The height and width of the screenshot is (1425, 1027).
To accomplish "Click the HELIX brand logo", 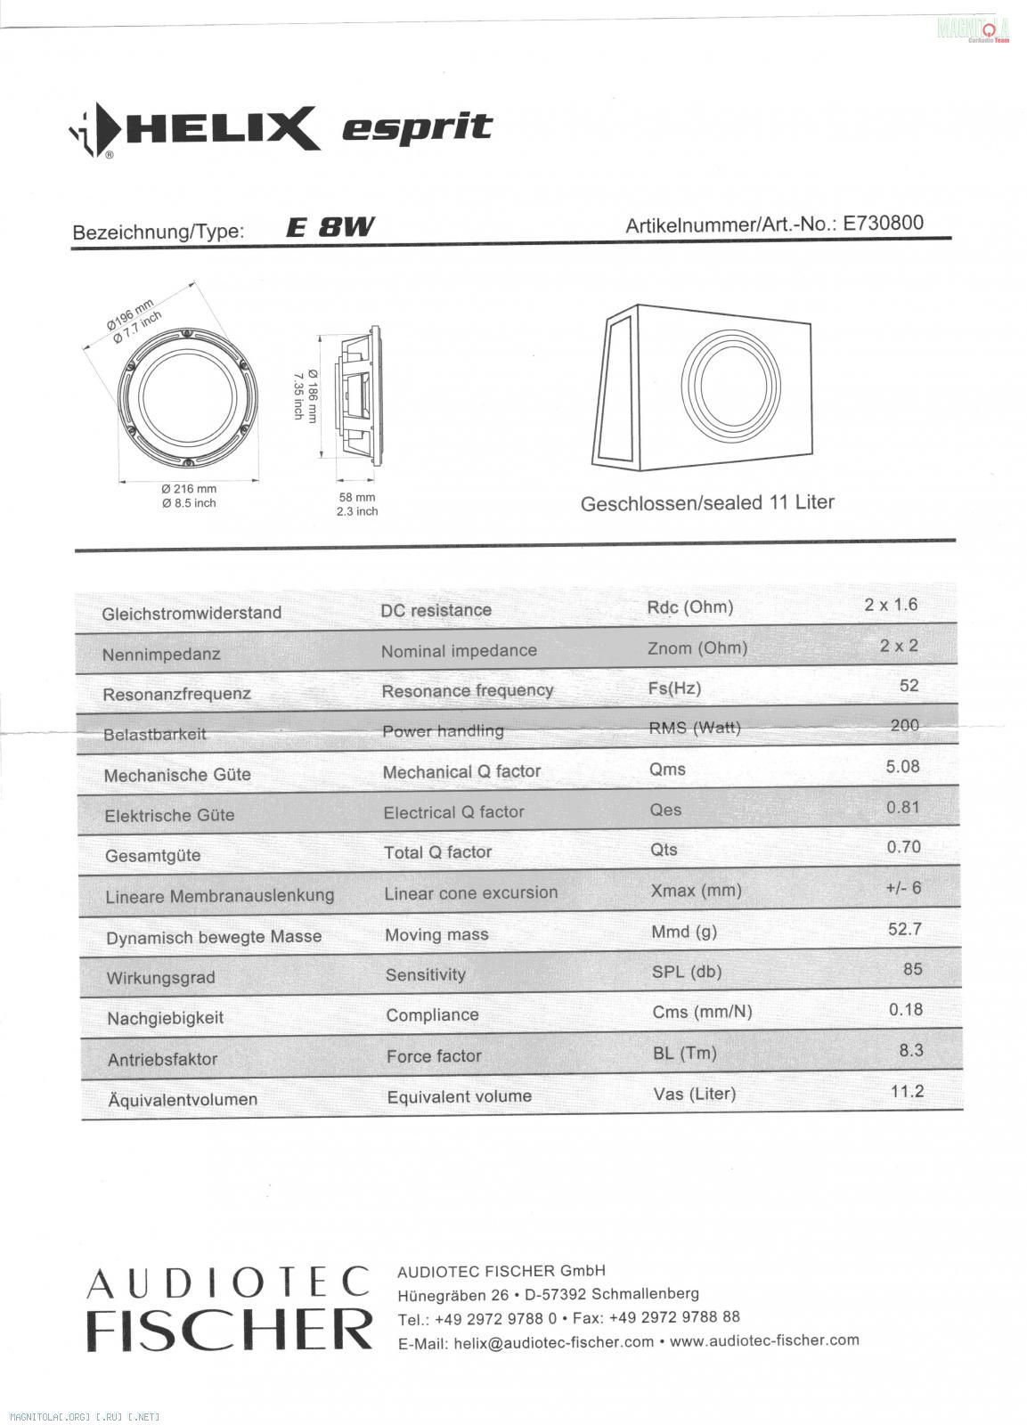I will point(193,130).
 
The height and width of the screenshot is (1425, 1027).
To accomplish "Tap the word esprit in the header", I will point(417,127).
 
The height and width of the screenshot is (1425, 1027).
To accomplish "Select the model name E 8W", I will point(330,228).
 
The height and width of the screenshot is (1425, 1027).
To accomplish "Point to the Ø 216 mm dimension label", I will point(189,489).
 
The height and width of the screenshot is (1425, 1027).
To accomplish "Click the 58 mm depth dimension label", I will point(357,497).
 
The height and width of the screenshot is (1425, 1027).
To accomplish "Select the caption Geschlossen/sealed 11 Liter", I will point(707,503).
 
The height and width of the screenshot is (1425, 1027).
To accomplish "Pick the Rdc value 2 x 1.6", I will point(891,605).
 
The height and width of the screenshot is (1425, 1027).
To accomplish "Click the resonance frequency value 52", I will point(909,686).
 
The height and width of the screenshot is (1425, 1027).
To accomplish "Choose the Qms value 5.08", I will point(902,767).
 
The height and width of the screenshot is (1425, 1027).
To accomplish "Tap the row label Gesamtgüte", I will point(153,856).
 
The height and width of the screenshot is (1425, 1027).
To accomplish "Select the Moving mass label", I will point(436,935).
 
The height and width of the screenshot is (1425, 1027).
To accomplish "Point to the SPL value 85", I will point(912,969).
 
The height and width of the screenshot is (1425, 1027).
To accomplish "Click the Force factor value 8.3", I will point(911,1051).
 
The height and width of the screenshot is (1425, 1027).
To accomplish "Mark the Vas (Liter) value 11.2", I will point(907,1092).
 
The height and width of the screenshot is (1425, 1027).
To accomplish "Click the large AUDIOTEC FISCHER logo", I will point(228,1307).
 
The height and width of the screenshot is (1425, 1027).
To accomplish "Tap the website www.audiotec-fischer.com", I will point(764,1339).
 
